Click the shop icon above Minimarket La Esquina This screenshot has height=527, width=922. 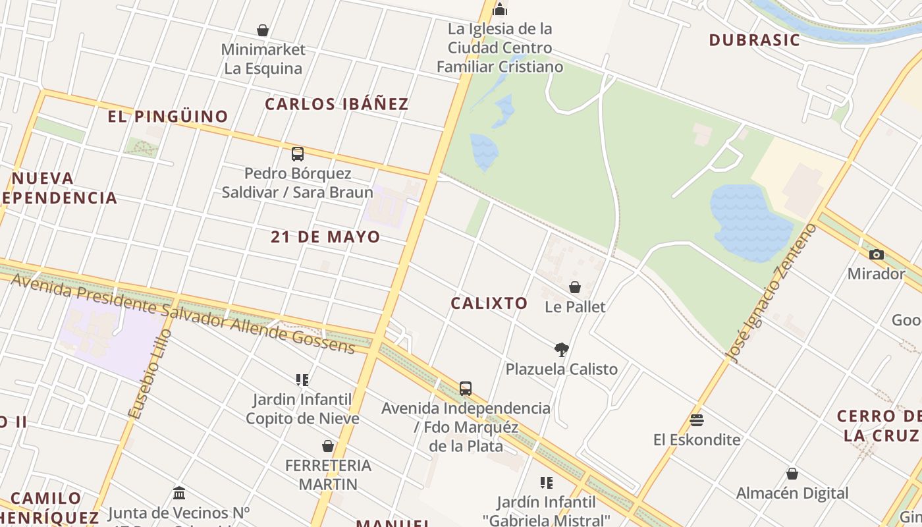(x=263, y=30)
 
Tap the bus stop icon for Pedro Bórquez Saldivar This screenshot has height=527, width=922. (x=298, y=154)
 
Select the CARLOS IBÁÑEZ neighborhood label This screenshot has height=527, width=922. (x=337, y=104)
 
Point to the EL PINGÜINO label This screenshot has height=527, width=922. (x=168, y=117)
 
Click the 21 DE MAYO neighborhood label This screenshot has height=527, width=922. (x=325, y=237)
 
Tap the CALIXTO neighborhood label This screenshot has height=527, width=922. (x=489, y=303)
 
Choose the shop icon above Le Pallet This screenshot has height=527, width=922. (x=575, y=287)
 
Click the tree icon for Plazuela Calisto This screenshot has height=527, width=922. (x=562, y=349)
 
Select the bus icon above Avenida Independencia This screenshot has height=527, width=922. (x=466, y=388)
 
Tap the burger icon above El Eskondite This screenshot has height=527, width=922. (x=697, y=420)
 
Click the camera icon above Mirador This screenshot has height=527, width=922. (x=876, y=254)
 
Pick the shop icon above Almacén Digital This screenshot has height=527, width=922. (x=792, y=474)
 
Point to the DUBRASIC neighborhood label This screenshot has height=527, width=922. (x=754, y=40)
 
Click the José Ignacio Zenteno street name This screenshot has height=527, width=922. (x=771, y=293)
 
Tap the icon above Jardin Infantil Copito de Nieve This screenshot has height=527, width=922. (x=302, y=379)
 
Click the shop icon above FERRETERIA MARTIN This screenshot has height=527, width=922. (x=328, y=446)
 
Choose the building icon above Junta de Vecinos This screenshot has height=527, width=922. (x=179, y=493)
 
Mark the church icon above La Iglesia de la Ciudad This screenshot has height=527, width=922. (x=500, y=9)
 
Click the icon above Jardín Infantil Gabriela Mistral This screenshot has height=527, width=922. (x=546, y=483)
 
